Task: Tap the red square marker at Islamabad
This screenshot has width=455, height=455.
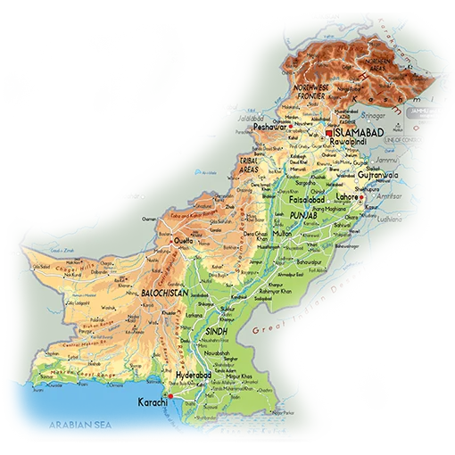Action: click(x=329, y=132)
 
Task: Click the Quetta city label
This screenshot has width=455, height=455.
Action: click(x=183, y=241)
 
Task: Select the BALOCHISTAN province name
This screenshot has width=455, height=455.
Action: click(x=164, y=293)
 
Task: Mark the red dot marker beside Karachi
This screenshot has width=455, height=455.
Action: click(x=170, y=395)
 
